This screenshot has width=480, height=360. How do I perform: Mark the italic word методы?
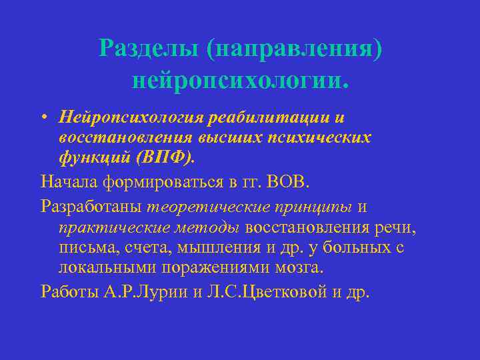point(207,227)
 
